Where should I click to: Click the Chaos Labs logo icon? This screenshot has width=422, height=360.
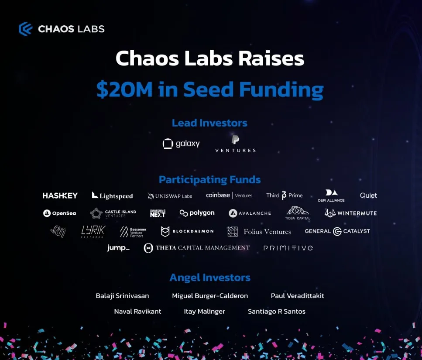click(26, 29)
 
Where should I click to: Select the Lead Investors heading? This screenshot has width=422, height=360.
click(209, 123)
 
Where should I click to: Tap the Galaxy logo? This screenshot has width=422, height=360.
click(181, 144)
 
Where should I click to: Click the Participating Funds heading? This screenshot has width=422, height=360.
click(209, 180)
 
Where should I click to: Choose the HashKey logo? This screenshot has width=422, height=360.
click(60, 195)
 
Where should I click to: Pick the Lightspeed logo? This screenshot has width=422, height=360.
click(112, 195)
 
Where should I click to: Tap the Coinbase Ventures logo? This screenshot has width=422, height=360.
click(229, 195)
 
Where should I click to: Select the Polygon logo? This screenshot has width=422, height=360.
click(197, 213)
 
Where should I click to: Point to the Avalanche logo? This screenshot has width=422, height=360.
click(250, 213)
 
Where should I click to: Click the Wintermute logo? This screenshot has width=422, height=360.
click(350, 213)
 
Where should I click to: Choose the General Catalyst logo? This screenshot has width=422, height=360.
click(337, 231)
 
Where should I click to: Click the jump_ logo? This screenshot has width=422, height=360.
click(118, 248)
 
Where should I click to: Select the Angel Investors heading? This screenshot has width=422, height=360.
click(209, 278)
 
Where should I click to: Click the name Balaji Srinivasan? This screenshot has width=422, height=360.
click(122, 296)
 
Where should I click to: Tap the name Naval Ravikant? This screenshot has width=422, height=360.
click(137, 312)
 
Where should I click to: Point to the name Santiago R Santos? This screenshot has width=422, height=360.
click(276, 312)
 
